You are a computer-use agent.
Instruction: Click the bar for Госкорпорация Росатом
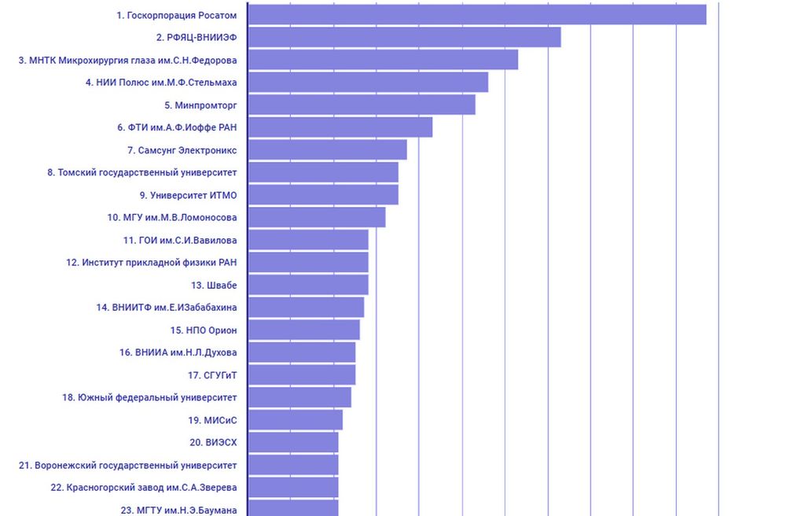(x=476, y=14)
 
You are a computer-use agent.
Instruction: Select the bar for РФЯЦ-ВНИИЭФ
(x=404, y=37)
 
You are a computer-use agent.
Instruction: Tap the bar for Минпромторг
(x=362, y=105)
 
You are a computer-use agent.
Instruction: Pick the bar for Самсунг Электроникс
(x=327, y=149)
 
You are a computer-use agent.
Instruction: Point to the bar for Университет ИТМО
(x=323, y=194)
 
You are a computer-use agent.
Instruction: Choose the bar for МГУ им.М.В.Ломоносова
(x=317, y=217)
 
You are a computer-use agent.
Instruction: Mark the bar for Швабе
(x=308, y=285)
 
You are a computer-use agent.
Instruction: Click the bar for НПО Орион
(x=303, y=330)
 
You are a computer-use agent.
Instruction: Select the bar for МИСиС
(x=295, y=420)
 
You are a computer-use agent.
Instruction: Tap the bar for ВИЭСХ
(x=293, y=443)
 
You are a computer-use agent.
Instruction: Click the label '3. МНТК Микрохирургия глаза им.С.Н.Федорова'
(x=127, y=60)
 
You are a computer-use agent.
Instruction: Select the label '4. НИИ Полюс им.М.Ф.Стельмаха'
(x=161, y=82)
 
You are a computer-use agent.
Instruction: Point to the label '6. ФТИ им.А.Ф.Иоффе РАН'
(x=177, y=127)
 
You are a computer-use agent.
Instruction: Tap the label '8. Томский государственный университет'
(x=141, y=172)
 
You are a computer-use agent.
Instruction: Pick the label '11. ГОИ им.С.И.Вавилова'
(x=180, y=240)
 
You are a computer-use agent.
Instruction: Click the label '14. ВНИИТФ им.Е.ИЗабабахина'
(x=167, y=308)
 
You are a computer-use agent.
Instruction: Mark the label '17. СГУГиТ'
(x=212, y=375)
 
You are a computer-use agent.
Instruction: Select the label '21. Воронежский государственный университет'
(x=127, y=466)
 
